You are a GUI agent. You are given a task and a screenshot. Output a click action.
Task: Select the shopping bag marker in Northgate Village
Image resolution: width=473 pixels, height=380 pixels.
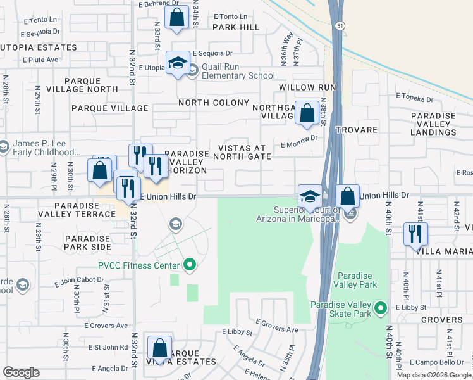click(x=307, y=113)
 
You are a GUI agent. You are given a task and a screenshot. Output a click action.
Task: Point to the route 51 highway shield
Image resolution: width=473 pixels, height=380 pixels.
click(x=340, y=25)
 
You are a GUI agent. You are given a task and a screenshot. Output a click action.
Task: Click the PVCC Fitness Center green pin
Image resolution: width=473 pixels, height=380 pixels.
click(x=188, y=265)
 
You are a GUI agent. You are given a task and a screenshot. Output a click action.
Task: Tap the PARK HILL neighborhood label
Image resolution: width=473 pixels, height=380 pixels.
click(x=236, y=27)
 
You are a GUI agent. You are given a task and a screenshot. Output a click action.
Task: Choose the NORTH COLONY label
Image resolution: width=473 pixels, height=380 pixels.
click(x=214, y=103)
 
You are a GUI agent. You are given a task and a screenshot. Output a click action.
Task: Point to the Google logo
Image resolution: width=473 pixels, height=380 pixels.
click(x=21, y=372)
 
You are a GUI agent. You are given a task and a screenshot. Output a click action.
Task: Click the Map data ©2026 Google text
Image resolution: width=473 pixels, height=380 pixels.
click(x=433, y=375)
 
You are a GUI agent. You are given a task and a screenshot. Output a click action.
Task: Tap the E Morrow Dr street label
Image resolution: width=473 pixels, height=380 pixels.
click(x=298, y=144)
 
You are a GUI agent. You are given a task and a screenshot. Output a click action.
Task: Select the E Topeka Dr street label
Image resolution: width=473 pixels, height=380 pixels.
click(x=414, y=99)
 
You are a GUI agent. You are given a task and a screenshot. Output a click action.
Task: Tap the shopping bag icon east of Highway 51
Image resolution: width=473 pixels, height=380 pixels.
click(x=347, y=196)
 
